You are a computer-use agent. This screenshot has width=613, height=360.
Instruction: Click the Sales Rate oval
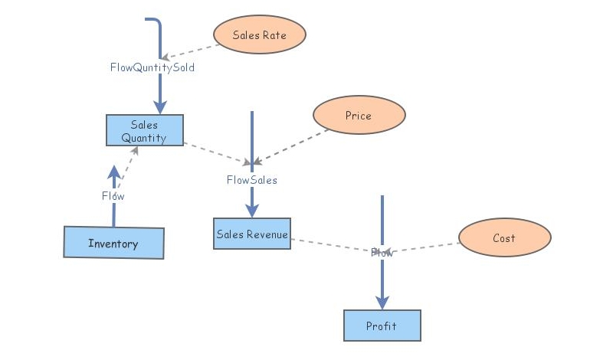click(x=259, y=34)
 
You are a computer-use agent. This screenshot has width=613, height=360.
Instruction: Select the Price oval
click(x=359, y=116)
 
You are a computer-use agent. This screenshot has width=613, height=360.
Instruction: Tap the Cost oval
click(x=504, y=237)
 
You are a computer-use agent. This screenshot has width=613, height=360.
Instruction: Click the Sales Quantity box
click(x=145, y=130)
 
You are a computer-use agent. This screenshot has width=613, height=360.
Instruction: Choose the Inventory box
click(x=113, y=244)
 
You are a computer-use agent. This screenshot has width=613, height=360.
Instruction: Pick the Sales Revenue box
click(x=252, y=234)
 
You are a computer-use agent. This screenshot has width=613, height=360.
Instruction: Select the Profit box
click(x=382, y=326)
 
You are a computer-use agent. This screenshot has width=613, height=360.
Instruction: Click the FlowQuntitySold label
click(x=152, y=67)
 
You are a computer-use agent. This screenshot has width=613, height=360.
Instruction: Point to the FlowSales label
click(x=251, y=180)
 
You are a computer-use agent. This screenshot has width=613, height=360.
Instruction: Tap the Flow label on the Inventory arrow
click(x=113, y=196)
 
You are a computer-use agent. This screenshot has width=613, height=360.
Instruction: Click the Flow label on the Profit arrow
click(x=382, y=252)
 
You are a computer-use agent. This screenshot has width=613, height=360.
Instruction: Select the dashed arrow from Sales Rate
click(x=192, y=51)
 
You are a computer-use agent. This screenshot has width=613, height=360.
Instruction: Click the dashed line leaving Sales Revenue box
click(x=329, y=245)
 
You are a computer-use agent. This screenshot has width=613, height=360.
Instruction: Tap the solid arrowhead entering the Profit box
click(x=382, y=303)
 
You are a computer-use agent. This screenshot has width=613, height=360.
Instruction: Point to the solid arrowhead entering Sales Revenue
click(x=251, y=211)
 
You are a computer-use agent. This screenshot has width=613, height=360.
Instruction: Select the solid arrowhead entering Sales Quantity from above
click(x=160, y=107)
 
